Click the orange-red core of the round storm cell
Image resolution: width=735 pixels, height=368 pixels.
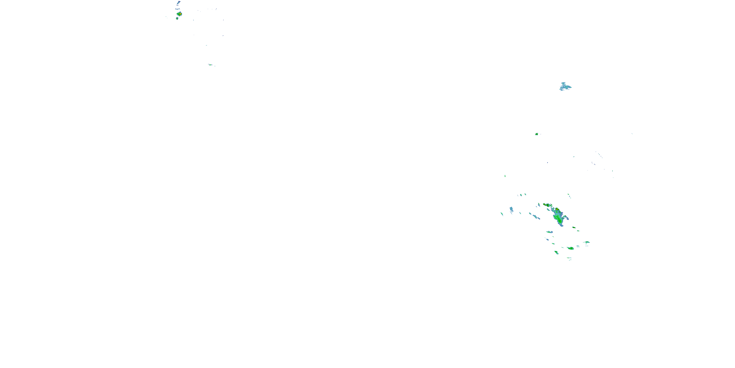point(180,14)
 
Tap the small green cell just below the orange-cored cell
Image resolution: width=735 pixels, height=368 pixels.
point(177,19)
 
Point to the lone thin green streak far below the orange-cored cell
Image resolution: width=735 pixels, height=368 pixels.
point(210,65)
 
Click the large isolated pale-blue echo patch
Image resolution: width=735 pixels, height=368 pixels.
point(565,87)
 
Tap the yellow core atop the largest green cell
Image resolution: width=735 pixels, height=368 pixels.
point(556,209)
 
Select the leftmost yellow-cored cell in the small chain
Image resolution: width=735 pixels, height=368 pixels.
point(545,205)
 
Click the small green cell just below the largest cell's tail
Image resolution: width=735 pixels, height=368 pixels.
point(574,227)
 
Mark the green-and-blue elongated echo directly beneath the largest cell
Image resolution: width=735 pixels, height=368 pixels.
point(549,232)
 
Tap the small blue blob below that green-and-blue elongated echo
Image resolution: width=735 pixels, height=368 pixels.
point(547,239)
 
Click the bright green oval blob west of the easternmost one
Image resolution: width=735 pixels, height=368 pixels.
point(571,248)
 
